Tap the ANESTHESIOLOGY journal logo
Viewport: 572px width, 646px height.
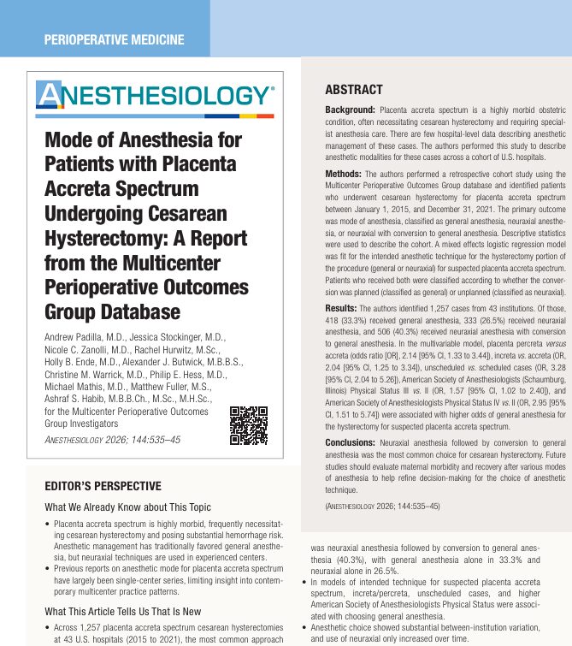click(156, 94)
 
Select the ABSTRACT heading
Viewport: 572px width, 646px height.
click(354, 89)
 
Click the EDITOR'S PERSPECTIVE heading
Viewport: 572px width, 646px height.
click(103, 487)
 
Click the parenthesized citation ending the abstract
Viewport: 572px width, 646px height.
click(383, 507)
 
